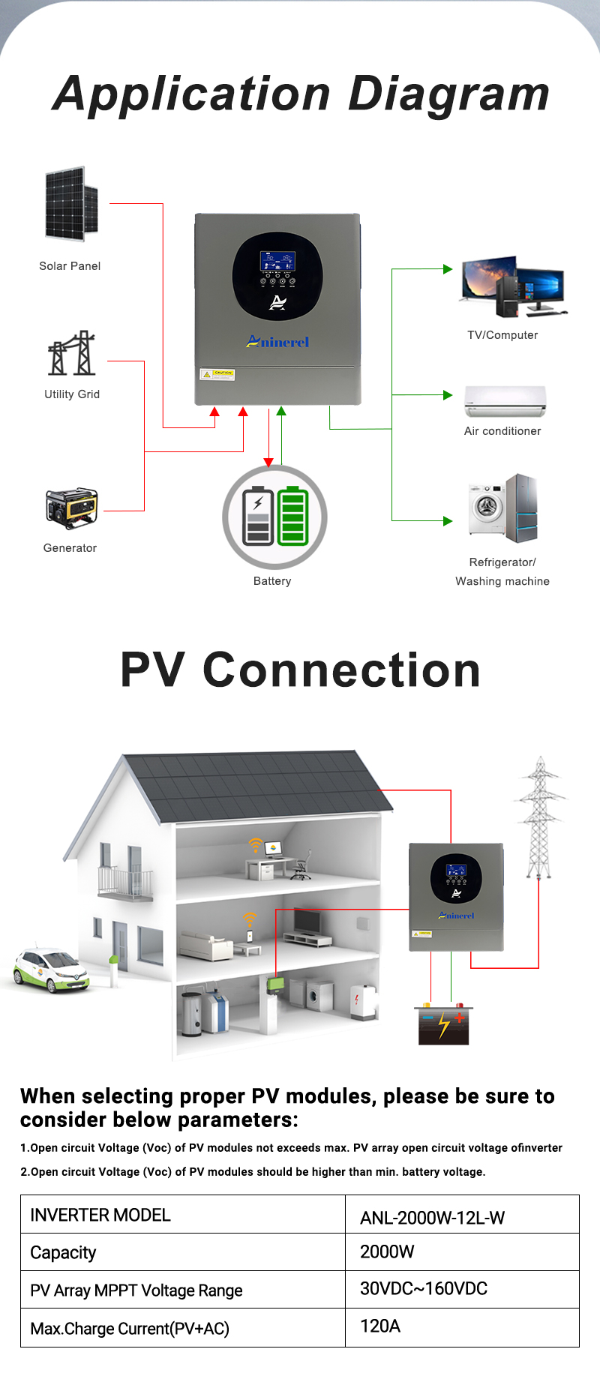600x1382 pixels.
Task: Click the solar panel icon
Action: coord(71,204)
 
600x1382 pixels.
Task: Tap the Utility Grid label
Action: coord(72,394)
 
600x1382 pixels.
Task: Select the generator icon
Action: coord(71,508)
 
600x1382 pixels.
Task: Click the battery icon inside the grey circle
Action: coord(275,516)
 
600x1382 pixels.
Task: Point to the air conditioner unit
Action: coord(505,400)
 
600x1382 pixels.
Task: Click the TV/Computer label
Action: coord(502,335)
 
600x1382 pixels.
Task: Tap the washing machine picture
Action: coord(486,508)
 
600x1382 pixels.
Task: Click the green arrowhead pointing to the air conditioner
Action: coord(448,394)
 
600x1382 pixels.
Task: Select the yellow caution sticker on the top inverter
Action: coord(217,373)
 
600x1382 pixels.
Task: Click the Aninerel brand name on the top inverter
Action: coord(277,342)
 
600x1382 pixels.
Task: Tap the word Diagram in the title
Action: coord(448,94)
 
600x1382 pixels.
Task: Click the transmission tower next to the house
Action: coord(539,817)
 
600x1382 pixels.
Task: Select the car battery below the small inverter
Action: coord(442,1024)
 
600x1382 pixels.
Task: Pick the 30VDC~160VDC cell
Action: coord(424,1288)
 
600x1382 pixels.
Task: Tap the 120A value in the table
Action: coord(380,1326)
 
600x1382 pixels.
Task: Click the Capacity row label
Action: coord(64,1252)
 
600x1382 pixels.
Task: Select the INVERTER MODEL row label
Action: coord(100,1215)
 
